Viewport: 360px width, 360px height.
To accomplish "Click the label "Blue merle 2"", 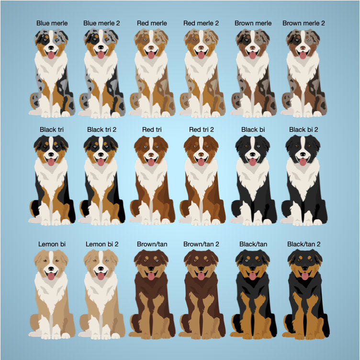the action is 101,23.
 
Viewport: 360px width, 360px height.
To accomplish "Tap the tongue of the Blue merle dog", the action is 51,55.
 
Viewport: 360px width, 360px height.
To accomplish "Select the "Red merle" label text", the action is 152,23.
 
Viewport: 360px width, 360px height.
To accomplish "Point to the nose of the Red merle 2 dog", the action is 201,47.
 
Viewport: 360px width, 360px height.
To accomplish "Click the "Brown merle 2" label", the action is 304,23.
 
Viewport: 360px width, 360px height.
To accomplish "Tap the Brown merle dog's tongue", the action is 253,55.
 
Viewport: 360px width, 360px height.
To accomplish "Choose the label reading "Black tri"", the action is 52,129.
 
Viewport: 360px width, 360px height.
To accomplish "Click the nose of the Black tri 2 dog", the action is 101,154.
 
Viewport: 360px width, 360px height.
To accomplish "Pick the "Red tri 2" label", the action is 202,129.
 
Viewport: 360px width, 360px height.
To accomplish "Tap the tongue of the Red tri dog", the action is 151,162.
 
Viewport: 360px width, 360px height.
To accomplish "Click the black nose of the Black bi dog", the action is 253,154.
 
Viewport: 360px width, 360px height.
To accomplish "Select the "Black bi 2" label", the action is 304,129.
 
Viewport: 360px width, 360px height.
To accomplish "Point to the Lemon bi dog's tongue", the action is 51,276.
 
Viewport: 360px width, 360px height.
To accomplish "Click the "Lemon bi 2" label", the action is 102,244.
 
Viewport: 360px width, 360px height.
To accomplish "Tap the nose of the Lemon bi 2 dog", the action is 101,268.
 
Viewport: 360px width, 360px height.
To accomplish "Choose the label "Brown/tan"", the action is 152,244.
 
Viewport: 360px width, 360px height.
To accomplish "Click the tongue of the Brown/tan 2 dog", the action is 201,276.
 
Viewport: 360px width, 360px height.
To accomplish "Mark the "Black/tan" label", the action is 253,244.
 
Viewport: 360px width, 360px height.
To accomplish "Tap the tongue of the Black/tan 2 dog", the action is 305,276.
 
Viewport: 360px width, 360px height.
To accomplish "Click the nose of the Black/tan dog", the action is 253,268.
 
